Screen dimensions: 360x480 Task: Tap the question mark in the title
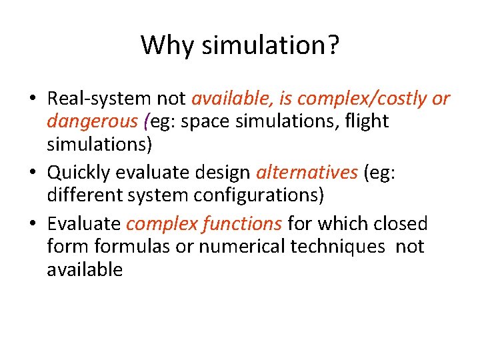[x=333, y=45]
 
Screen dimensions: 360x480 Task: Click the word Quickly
[x=79, y=173]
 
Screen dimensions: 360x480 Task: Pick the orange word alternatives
[x=307, y=173]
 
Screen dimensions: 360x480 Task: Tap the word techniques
[x=338, y=247]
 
